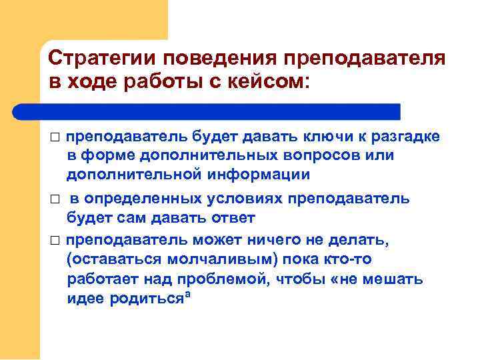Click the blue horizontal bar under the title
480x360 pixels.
[220, 111]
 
